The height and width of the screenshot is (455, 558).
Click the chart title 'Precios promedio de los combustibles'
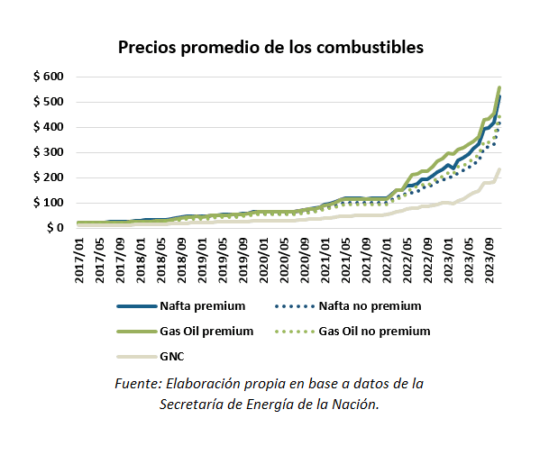(270, 46)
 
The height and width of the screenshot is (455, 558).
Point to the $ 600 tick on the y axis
(49, 77)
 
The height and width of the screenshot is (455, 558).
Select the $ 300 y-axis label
(49, 152)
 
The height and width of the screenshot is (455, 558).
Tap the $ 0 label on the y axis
(54, 228)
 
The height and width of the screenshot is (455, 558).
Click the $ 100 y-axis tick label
(49, 203)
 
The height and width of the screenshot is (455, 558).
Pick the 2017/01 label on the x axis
(79, 259)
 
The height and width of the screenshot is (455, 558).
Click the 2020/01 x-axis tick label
(264, 259)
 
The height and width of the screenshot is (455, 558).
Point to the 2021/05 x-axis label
(346, 259)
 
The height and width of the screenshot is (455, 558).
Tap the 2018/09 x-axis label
(182, 259)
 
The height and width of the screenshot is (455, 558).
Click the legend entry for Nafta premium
(195, 305)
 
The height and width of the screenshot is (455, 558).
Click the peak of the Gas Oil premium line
(500, 87)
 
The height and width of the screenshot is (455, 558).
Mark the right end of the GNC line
(500, 169)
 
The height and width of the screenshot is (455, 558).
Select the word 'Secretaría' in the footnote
(192, 404)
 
